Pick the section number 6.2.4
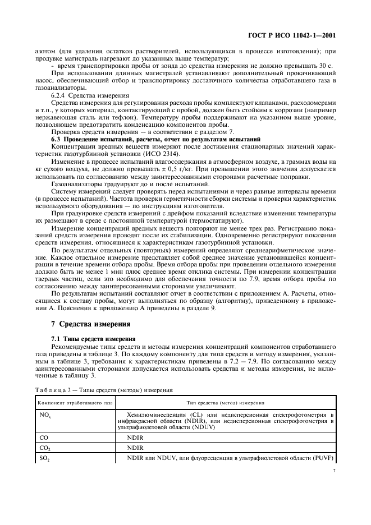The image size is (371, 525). click(60, 96)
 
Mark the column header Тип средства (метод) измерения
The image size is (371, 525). click(226, 402)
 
